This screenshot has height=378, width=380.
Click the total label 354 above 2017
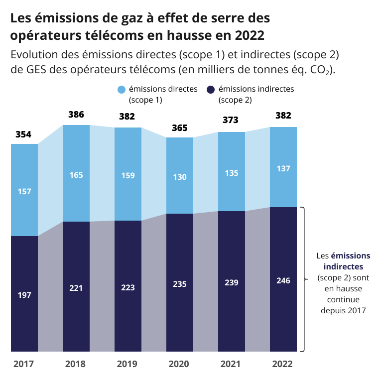(x=23, y=134)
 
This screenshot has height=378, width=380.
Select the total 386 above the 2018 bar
(x=76, y=115)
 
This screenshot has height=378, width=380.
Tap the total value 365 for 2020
(x=179, y=128)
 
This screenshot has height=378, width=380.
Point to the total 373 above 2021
(x=231, y=120)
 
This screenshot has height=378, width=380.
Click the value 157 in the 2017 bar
(x=24, y=191)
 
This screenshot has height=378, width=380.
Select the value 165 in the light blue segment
(x=76, y=175)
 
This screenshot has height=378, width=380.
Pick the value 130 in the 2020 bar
(x=179, y=177)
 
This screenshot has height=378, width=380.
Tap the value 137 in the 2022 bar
(x=283, y=169)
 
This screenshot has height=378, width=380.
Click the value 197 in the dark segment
(x=24, y=295)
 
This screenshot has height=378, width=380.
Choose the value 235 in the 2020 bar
(x=179, y=284)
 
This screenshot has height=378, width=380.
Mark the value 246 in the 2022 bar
(x=283, y=280)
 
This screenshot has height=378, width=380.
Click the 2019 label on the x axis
(x=127, y=364)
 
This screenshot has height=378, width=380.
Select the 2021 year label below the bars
(x=231, y=364)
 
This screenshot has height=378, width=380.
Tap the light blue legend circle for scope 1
(x=122, y=90)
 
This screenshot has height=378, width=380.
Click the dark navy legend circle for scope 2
(x=211, y=90)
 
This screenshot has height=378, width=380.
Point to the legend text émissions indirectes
(x=256, y=89)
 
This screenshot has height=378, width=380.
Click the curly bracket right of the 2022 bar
(x=302, y=279)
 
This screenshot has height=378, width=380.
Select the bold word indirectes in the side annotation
(x=344, y=267)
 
